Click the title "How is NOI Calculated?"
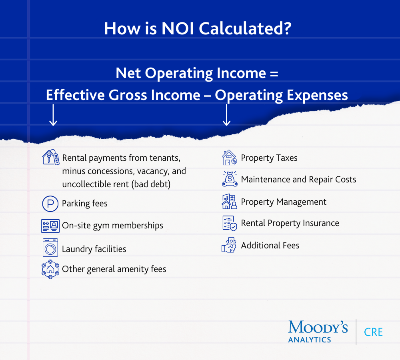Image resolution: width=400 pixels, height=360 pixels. click(197, 29)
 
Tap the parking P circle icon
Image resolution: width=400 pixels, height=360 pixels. click(50, 204)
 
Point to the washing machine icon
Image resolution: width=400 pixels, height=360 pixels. click(50, 248)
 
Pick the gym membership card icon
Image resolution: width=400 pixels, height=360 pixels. click(50, 226)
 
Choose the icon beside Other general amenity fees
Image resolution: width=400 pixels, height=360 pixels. click(50, 269)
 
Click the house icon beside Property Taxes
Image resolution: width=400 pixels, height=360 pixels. click(230, 158)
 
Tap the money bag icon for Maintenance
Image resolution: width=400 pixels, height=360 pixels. click(230, 179)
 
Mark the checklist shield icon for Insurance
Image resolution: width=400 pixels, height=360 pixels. click(230, 223)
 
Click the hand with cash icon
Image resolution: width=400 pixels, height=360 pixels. click(230, 245)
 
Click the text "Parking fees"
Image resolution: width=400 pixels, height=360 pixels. click(85, 204)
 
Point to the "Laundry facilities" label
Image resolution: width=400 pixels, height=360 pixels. click(94, 249)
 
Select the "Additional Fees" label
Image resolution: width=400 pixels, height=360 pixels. click(270, 246)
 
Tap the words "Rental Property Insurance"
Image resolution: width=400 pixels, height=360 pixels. click(290, 223)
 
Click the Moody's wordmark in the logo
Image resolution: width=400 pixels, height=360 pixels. click(318, 327)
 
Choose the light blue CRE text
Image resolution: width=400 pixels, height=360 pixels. click(373, 332)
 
